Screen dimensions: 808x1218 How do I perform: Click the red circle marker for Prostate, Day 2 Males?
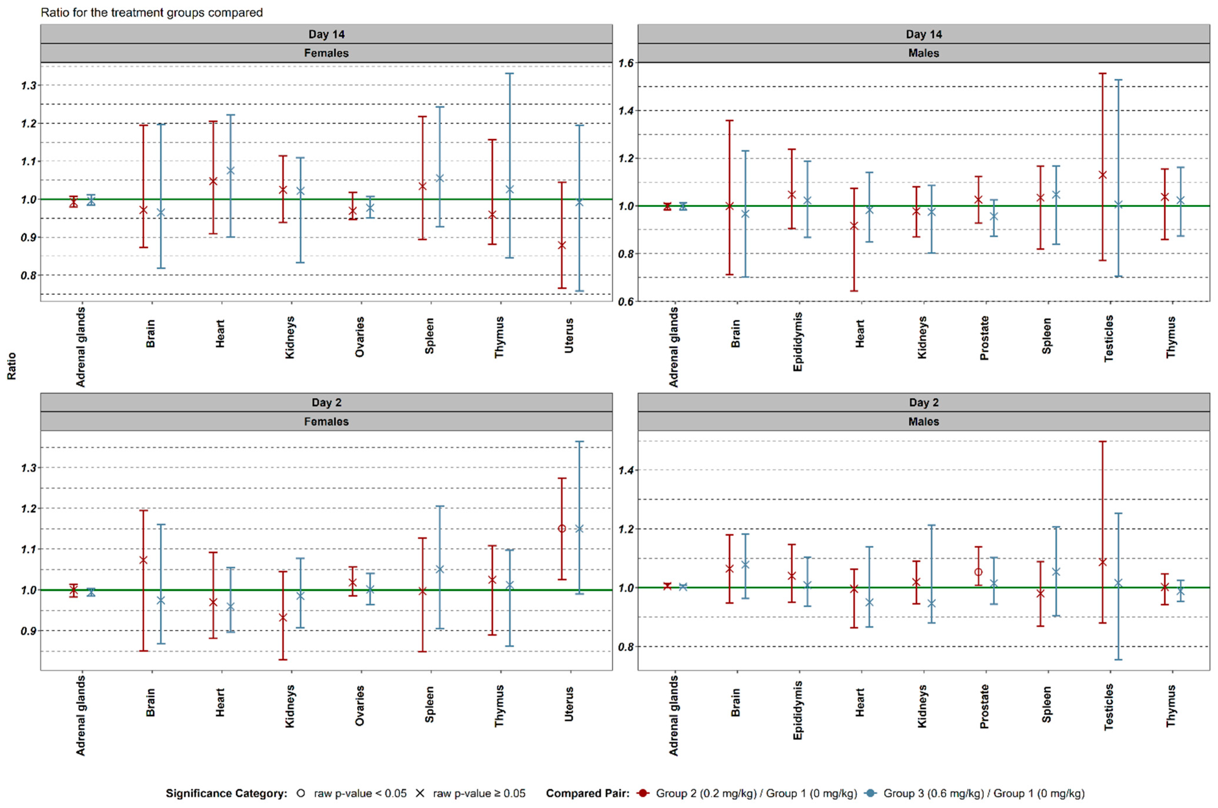[978, 572]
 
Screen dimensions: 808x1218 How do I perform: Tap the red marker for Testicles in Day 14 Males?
[1103, 175]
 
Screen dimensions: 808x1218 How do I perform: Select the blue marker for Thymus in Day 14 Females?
[510, 190]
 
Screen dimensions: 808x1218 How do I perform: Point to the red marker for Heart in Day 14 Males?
[854, 226]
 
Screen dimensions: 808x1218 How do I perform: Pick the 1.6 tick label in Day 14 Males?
[626, 63]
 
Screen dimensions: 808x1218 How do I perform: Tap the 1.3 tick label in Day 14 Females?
[29, 85]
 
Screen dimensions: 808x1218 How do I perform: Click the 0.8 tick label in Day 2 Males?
[626, 647]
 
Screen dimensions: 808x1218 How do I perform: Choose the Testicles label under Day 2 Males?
[1109, 707]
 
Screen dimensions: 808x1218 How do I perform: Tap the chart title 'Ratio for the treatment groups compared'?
[152, 12]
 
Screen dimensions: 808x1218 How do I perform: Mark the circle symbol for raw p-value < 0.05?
[301, 794]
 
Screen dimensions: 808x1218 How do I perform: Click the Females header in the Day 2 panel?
[326, 421]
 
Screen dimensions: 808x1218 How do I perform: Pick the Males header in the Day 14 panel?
[923, 53]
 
